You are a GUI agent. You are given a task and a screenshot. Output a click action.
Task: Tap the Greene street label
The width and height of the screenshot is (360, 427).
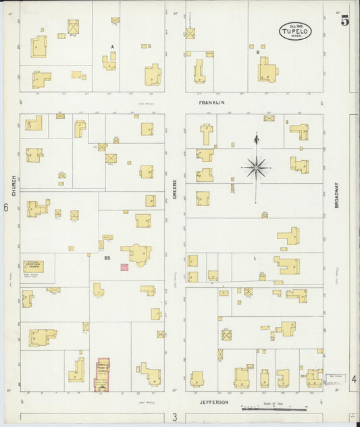point(174,189)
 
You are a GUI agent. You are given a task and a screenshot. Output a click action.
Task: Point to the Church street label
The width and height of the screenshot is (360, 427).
point(13,186)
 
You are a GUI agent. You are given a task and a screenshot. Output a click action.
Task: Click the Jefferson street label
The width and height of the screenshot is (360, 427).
point(214,403)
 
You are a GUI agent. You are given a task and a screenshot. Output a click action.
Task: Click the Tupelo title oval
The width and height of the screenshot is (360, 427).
point(296,30)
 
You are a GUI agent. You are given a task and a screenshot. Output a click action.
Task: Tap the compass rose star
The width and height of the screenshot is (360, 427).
point(256,168)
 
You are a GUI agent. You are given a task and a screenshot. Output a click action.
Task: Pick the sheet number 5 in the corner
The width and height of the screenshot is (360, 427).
point(345,20)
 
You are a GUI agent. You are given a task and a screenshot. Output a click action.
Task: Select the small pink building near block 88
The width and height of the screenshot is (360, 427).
point(124,268)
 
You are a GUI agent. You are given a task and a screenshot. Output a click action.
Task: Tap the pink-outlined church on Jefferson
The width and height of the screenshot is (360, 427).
point(103,374)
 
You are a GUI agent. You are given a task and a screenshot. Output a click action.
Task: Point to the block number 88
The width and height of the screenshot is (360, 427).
point(107,258)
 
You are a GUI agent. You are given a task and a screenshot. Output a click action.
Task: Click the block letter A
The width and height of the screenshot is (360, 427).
point(113,47)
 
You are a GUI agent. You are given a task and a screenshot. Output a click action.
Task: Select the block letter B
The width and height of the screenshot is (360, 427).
point(258,51)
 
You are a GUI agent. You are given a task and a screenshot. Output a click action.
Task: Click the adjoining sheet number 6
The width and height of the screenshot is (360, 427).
point(5,208)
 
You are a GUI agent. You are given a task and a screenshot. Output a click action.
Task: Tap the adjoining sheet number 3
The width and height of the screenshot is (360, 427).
point(174,418)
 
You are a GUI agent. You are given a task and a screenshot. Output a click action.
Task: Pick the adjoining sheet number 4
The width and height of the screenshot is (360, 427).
point(354,380)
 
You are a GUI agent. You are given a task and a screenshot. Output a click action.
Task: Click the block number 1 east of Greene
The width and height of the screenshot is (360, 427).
point(255,259)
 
